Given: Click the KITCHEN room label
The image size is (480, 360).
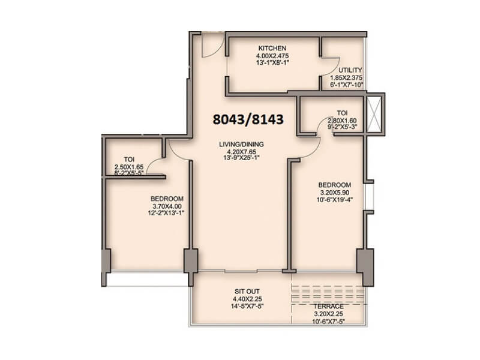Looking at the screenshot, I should tap(272, 48).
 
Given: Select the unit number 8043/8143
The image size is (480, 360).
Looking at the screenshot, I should tap(248, 119).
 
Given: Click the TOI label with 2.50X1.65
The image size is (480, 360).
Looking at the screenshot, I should tap(128, 159).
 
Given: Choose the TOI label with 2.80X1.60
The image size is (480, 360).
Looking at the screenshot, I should tap(342, 112).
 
